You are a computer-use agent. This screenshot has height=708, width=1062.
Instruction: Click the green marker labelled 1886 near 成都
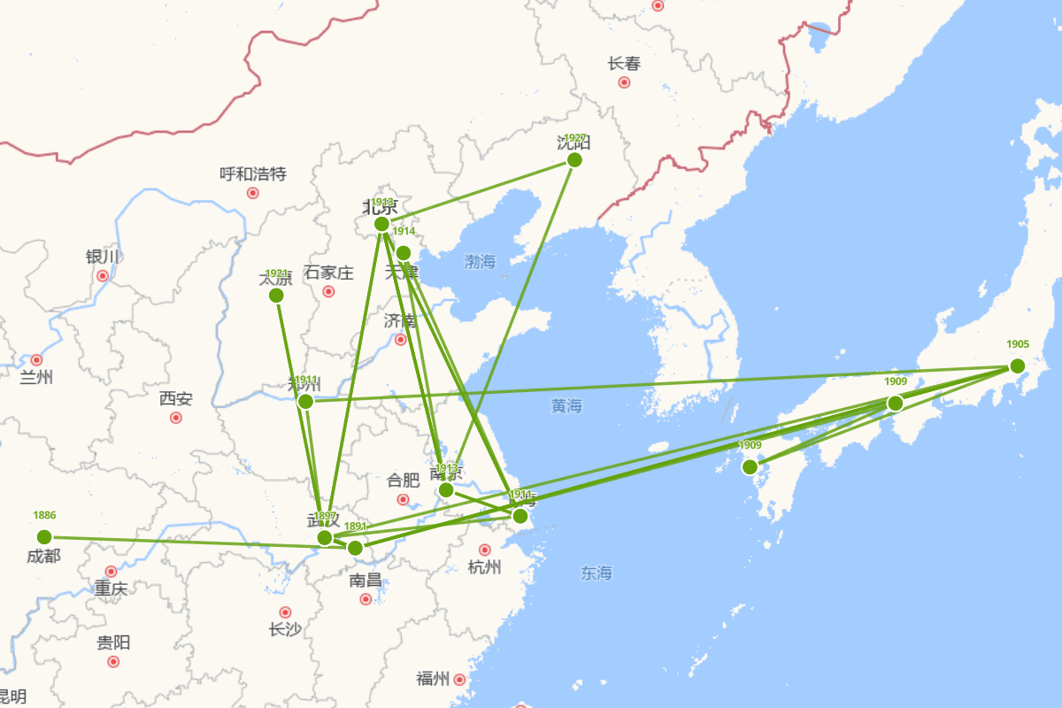pyautogui.click(x=44, y=537)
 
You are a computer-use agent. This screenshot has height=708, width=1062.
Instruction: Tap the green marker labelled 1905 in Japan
pyautogui.click(x=1017, y=366)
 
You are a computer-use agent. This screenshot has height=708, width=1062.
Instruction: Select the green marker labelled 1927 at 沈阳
pyautogui.click(x=574, y=160)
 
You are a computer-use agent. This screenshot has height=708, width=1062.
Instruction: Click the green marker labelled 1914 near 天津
pyautogui.click(x=404, y=253)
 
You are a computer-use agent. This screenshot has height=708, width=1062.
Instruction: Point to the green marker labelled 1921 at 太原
pyautogui.click(x=276, y=296)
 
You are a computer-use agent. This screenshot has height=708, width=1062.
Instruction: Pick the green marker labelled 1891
pyautogui.click(x=355, y=548)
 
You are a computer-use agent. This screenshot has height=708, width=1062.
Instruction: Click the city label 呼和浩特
pyautogui.click(x=253, y=173)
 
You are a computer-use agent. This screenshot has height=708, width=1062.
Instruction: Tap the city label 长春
pyautogui.click(x=624, y=64)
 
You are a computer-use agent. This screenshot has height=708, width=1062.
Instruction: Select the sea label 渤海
pyautogui.click(x=481, y=261)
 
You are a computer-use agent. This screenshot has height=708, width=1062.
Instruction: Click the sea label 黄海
pyautogui.click(x=566, y=406)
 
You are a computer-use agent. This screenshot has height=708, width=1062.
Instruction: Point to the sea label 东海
pyautogui.click(x=596, y=573)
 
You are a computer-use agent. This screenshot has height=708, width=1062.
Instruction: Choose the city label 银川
pyautogui.click(x=103, y=257)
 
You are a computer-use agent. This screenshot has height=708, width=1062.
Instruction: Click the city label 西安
pyautogui.click(x=175, y=398)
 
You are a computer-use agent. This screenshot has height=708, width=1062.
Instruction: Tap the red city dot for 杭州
pyautogui.click(x=484, y=550)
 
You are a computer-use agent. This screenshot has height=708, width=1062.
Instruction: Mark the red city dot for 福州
pyautogui.click(x=459, y=680)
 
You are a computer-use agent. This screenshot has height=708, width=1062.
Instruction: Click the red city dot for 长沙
pyautogui.click(x=285, y=612)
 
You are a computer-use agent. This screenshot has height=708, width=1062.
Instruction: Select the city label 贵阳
pyautogui.click(x=113, y=643)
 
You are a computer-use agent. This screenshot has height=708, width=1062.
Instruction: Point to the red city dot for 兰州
pyautogui.click(x=36, y=360)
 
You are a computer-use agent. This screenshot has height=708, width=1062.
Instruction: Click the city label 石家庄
pyautogui.click(x=328, y=273)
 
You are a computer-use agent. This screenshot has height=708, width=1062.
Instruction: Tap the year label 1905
pyautogui.click(x=1017, y=344)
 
